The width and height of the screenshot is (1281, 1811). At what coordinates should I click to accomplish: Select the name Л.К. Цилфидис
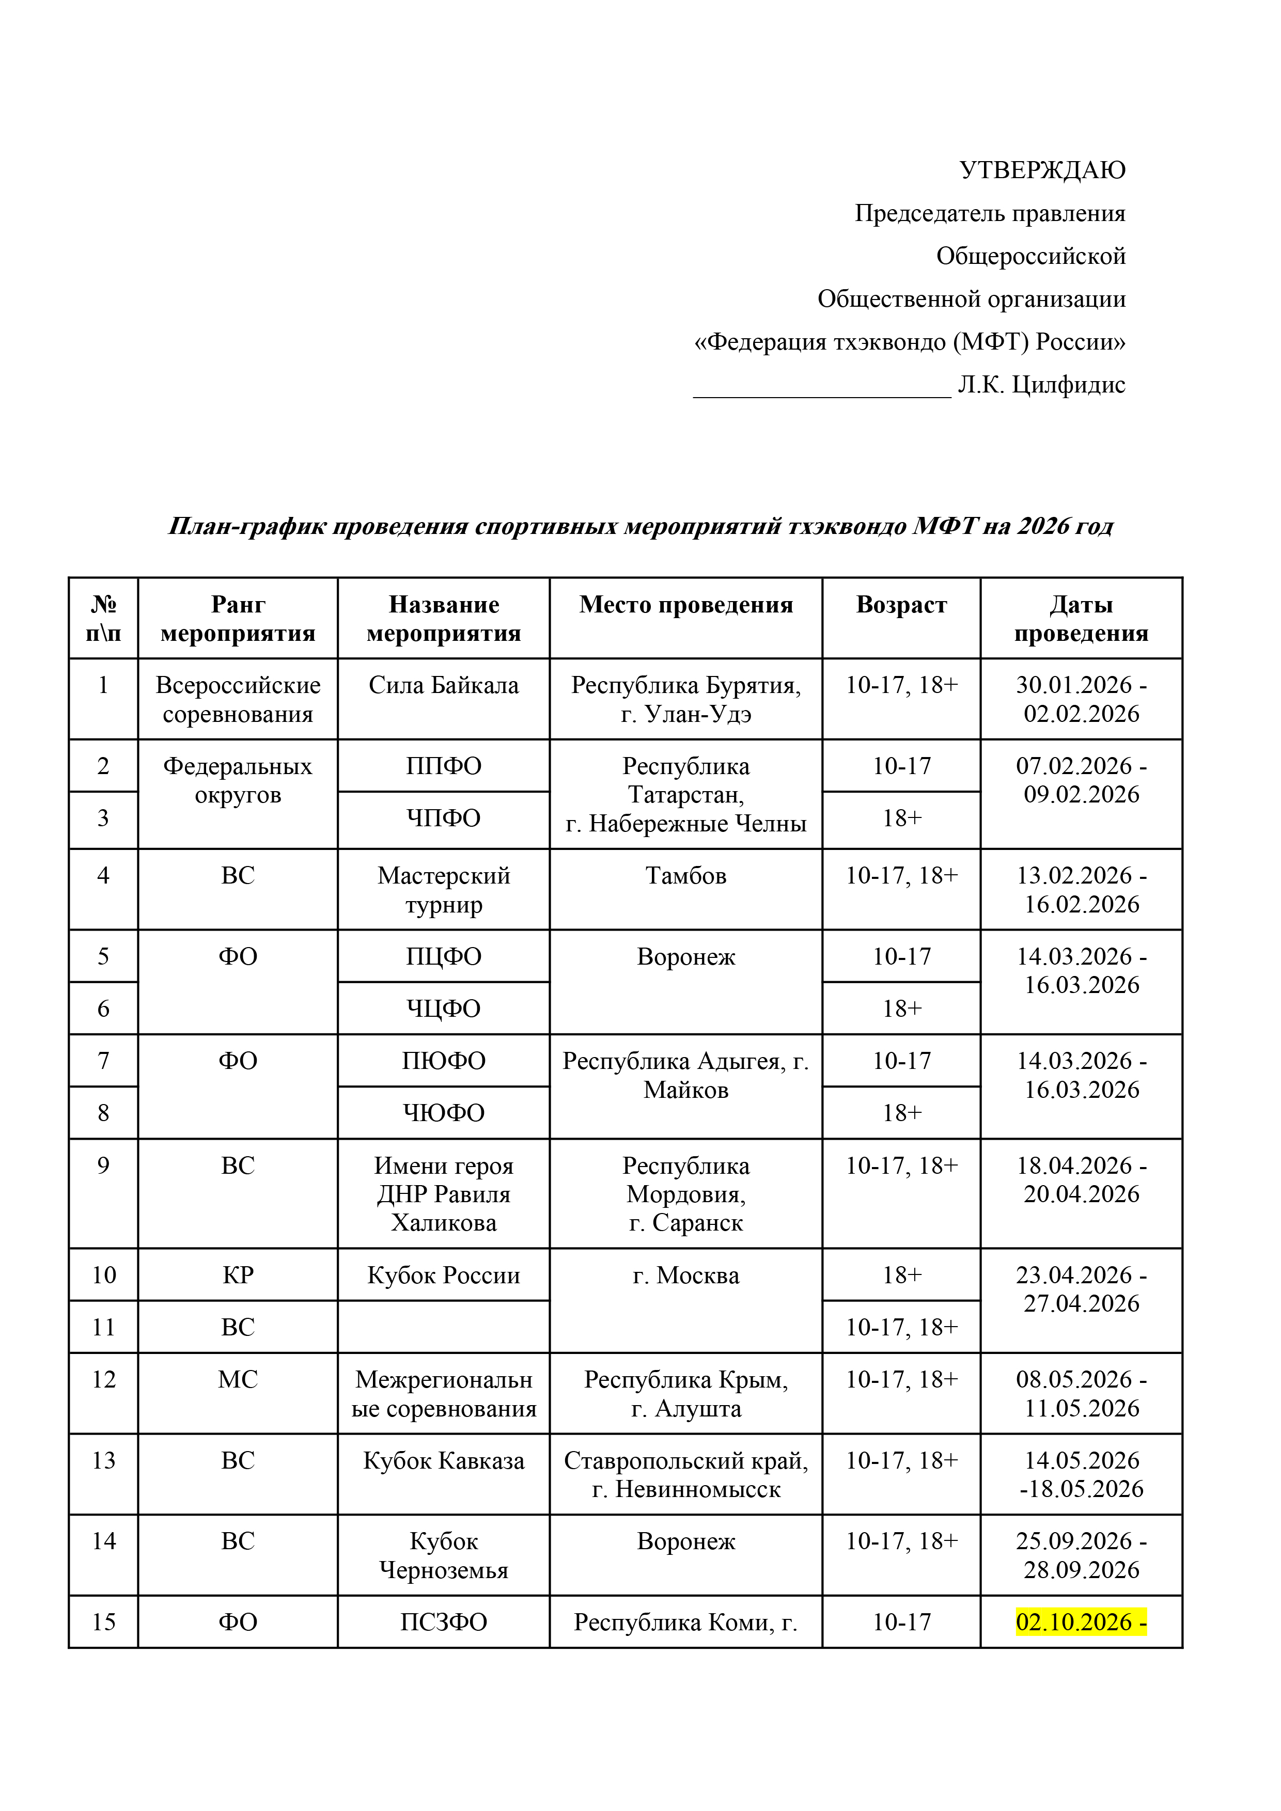point(1041,385)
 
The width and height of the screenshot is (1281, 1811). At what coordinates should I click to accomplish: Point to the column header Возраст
point(901,605)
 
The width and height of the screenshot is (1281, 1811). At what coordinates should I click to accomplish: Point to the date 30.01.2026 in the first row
point(1073,685)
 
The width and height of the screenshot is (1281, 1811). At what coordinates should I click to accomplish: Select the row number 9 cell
point(103,1166)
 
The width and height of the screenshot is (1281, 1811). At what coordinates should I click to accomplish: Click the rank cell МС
point(238,1379)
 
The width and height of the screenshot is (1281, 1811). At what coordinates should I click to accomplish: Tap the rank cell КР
point(238,1275)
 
